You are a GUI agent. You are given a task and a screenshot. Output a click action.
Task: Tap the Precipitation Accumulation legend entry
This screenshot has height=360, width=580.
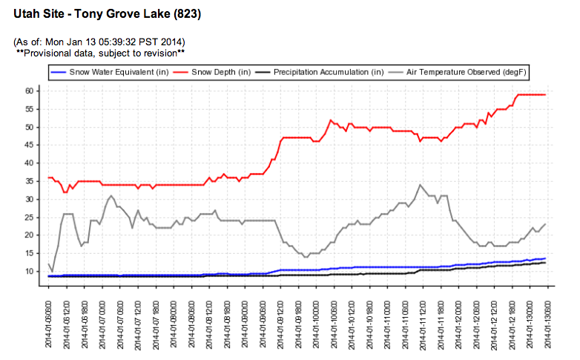click(328, 72)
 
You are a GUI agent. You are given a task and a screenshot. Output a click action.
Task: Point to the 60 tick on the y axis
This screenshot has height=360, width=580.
click(30, 91)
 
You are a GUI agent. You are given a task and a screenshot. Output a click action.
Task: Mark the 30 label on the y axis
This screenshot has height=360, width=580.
click(30, 199)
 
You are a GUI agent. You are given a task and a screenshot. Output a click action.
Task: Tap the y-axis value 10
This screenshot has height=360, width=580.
click(30, 271)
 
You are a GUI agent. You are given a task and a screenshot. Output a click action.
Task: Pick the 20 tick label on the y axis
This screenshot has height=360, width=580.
click(30, 235)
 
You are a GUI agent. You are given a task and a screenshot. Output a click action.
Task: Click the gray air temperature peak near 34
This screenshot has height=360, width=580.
click(421, 184)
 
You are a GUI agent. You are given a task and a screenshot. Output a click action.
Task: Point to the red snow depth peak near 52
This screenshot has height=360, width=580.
click(331, 120)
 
